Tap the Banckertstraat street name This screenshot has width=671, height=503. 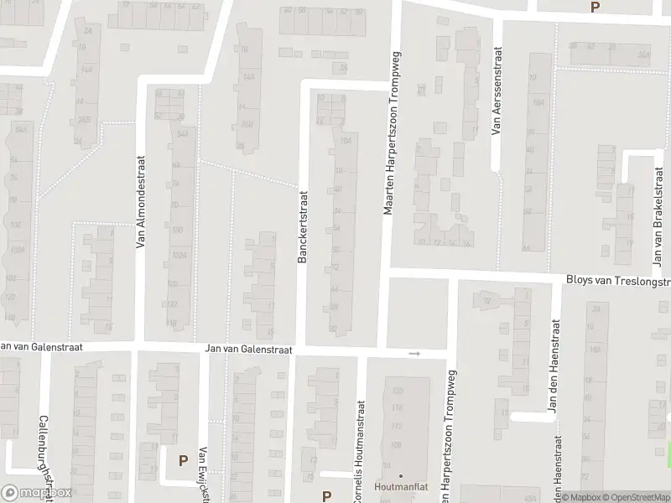301,227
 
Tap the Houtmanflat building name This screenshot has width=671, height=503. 400,485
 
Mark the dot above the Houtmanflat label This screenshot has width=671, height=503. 400,475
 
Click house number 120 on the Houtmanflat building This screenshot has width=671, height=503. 398,392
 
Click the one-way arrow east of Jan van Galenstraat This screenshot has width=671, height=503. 414,354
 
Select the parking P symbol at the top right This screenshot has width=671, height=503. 596,8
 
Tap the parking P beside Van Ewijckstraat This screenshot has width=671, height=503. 183,460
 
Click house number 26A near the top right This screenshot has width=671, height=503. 642,55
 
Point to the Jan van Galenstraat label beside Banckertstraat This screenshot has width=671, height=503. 249,350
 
